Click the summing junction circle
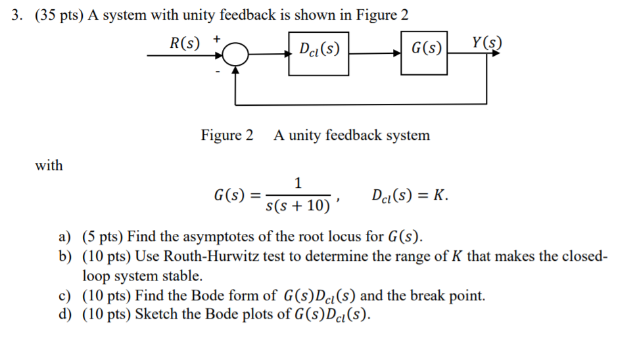(x=235, y=55)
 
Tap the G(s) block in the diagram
(x=425, y=49)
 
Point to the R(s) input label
(x=185, y=43)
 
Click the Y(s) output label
(x=487, y=44)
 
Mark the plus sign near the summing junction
(x=215, y=39)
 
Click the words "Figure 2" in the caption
(x=227, y=135)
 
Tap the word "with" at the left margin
(x=49, y=166)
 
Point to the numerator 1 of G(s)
(x=298, y=182)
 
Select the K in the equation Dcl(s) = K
(x=442, y=195)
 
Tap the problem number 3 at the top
(x=16, y=16)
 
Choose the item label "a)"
(x=64, y=236)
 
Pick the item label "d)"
(x=64, y=314)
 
